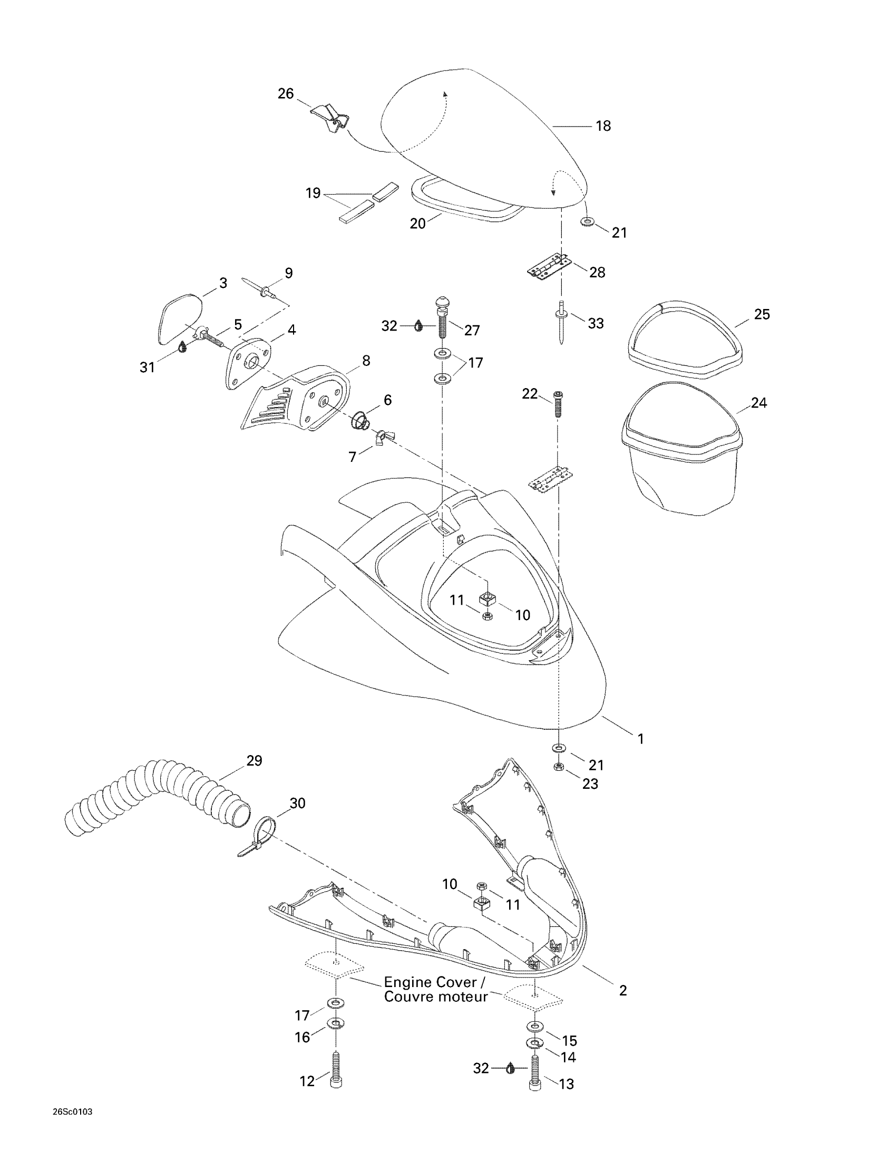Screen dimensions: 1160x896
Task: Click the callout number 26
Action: tap(286, 94)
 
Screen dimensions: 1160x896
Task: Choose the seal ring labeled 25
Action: tap(685, 340)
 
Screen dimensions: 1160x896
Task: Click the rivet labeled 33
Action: tap(561, 321)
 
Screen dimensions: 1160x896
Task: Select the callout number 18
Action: tap(603, 126)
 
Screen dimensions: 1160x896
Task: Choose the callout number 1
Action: tap(641, 739)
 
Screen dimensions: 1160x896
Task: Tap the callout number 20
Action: tap(417, 224)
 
